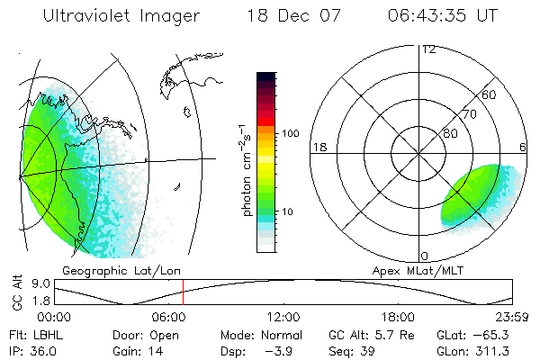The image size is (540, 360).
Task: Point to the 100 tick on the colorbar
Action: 291,133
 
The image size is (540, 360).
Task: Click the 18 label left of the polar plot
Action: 318,147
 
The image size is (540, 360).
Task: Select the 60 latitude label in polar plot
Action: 490,94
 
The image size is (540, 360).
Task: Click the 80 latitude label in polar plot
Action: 451,133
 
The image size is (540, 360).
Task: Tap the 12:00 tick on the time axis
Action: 283,318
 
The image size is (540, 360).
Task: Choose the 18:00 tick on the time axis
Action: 397,318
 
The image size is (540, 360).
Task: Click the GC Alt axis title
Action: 15,292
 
